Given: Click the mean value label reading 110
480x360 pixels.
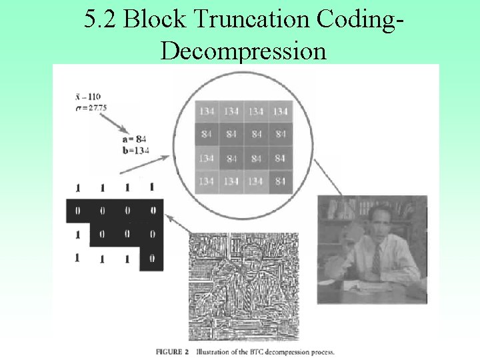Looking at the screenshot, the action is click(90, 97).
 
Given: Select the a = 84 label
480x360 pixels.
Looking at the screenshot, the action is click(134, 139).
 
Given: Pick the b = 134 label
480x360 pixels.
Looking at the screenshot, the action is click(135, 150).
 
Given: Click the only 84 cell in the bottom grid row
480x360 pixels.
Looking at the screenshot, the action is click(281, 181).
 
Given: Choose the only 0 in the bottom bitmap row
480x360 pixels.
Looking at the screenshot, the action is click(152, 258).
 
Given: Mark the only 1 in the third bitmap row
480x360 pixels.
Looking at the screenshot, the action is click(77, 235).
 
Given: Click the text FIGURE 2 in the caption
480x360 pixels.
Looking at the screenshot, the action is click(173, 351).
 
